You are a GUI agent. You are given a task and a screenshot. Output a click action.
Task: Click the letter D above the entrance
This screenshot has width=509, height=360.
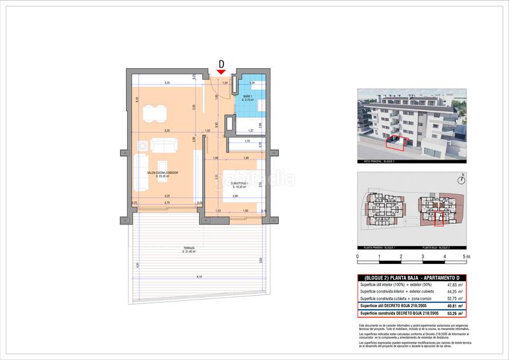(x=221, y=64)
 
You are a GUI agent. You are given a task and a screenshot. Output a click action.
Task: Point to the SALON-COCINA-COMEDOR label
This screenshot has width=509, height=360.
(x=162, y=174)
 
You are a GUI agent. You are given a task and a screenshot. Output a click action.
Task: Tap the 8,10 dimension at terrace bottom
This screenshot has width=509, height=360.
(x=199, y=277)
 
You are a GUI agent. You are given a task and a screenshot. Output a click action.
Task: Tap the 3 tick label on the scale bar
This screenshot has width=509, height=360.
(x=422, y=257)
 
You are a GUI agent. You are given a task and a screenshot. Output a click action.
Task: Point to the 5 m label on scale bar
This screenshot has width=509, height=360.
(x=466, y=257)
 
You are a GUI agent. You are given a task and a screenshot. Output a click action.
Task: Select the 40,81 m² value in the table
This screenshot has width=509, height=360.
(x=454, y=305)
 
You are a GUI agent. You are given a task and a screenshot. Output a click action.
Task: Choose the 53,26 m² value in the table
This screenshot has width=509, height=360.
(x=454, y=313)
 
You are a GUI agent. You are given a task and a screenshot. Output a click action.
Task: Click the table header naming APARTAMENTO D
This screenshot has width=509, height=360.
(x=412, y=278)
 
